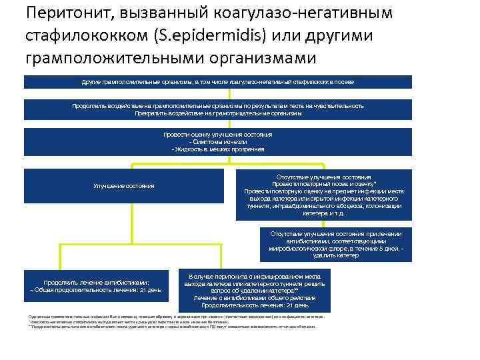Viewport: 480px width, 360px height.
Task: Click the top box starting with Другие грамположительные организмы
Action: (x=218, y=81)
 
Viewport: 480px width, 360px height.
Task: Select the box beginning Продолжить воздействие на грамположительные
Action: (x=218, y=109)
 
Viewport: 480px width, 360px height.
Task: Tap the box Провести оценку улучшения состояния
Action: (x=218, y=142)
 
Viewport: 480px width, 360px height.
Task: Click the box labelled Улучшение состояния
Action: (x=124, y=185)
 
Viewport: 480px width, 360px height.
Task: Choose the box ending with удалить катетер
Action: (x=336, y=245)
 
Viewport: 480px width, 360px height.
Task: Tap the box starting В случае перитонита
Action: (x=255, y=290)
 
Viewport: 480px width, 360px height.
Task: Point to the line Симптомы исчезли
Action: (x=218, y=142)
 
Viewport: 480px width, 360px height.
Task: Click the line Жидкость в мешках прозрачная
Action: (x=218, y=149)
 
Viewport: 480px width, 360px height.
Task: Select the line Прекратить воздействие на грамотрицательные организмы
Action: (x=218, y=113)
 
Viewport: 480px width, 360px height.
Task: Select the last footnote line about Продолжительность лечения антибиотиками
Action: (x=173, y=327)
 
